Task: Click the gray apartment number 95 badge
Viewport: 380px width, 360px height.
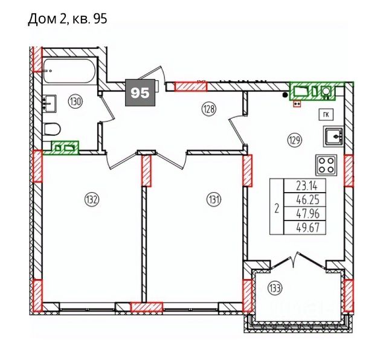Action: [140, 92]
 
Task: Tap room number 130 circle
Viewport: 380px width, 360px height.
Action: [76, 101]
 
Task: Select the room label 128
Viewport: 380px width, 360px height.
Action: [209, 109]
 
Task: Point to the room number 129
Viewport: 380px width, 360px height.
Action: [294, 140]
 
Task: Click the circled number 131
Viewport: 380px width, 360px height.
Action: [213, 200]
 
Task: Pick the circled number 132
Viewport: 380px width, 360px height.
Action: [92, 200]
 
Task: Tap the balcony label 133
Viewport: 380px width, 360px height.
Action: [275, 288]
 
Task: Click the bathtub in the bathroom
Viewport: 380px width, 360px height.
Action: [69, 71]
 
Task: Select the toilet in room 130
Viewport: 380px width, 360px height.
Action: [52, 129]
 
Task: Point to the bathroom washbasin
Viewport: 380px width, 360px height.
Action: [50, 103]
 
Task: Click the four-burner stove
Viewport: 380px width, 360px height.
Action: [326, 166]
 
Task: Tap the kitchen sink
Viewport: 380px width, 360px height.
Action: [333, 137]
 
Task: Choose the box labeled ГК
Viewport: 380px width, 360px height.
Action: [326, 115]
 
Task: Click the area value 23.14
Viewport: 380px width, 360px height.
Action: [306, 186]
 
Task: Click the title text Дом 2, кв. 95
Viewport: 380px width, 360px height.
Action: [68, 19]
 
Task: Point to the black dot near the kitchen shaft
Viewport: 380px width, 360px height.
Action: [286, 95]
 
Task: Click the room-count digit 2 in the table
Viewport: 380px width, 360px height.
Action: [277, 208]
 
